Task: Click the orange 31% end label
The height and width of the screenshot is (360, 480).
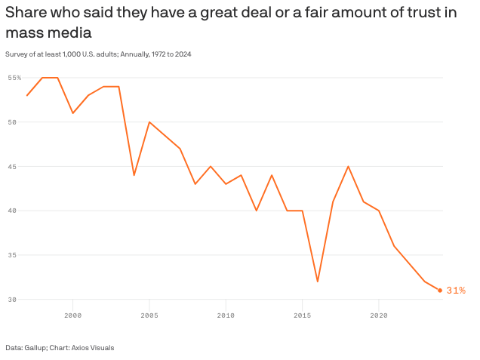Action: point(456,291)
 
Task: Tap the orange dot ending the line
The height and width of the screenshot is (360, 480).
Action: point(440,291)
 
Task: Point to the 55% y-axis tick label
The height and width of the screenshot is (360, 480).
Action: point(14,78)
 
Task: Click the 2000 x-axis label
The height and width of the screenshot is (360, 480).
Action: point(73,314)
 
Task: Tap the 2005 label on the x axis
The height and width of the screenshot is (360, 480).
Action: point(149,314)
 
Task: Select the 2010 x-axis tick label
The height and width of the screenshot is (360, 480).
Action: point(226,314)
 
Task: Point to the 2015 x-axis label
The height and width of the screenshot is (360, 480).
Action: point(303,314)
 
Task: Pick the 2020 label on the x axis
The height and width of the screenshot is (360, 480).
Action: point(379,314)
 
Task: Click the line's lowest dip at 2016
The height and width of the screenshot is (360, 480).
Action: point(318,282)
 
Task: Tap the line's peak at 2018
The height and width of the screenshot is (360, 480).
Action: point(348,166)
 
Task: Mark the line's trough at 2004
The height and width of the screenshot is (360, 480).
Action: point(134,175)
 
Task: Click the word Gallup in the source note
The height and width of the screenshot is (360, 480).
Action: point(35,347)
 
